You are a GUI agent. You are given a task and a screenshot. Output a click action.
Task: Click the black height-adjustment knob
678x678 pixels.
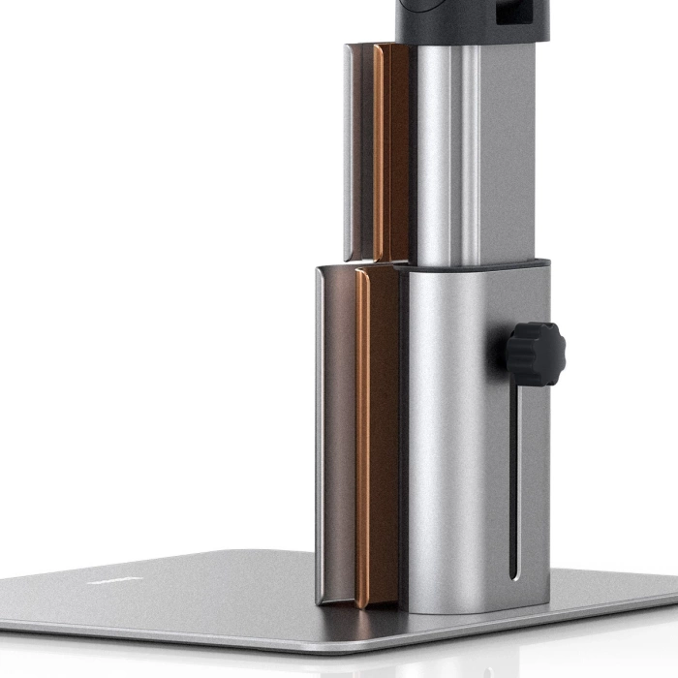[535, 354]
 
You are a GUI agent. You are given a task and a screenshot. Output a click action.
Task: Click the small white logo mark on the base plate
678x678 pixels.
[101, 581]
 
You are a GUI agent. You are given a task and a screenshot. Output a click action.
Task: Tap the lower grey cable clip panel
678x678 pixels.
[334, 436]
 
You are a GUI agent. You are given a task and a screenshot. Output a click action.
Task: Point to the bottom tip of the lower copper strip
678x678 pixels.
[363, 604]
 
